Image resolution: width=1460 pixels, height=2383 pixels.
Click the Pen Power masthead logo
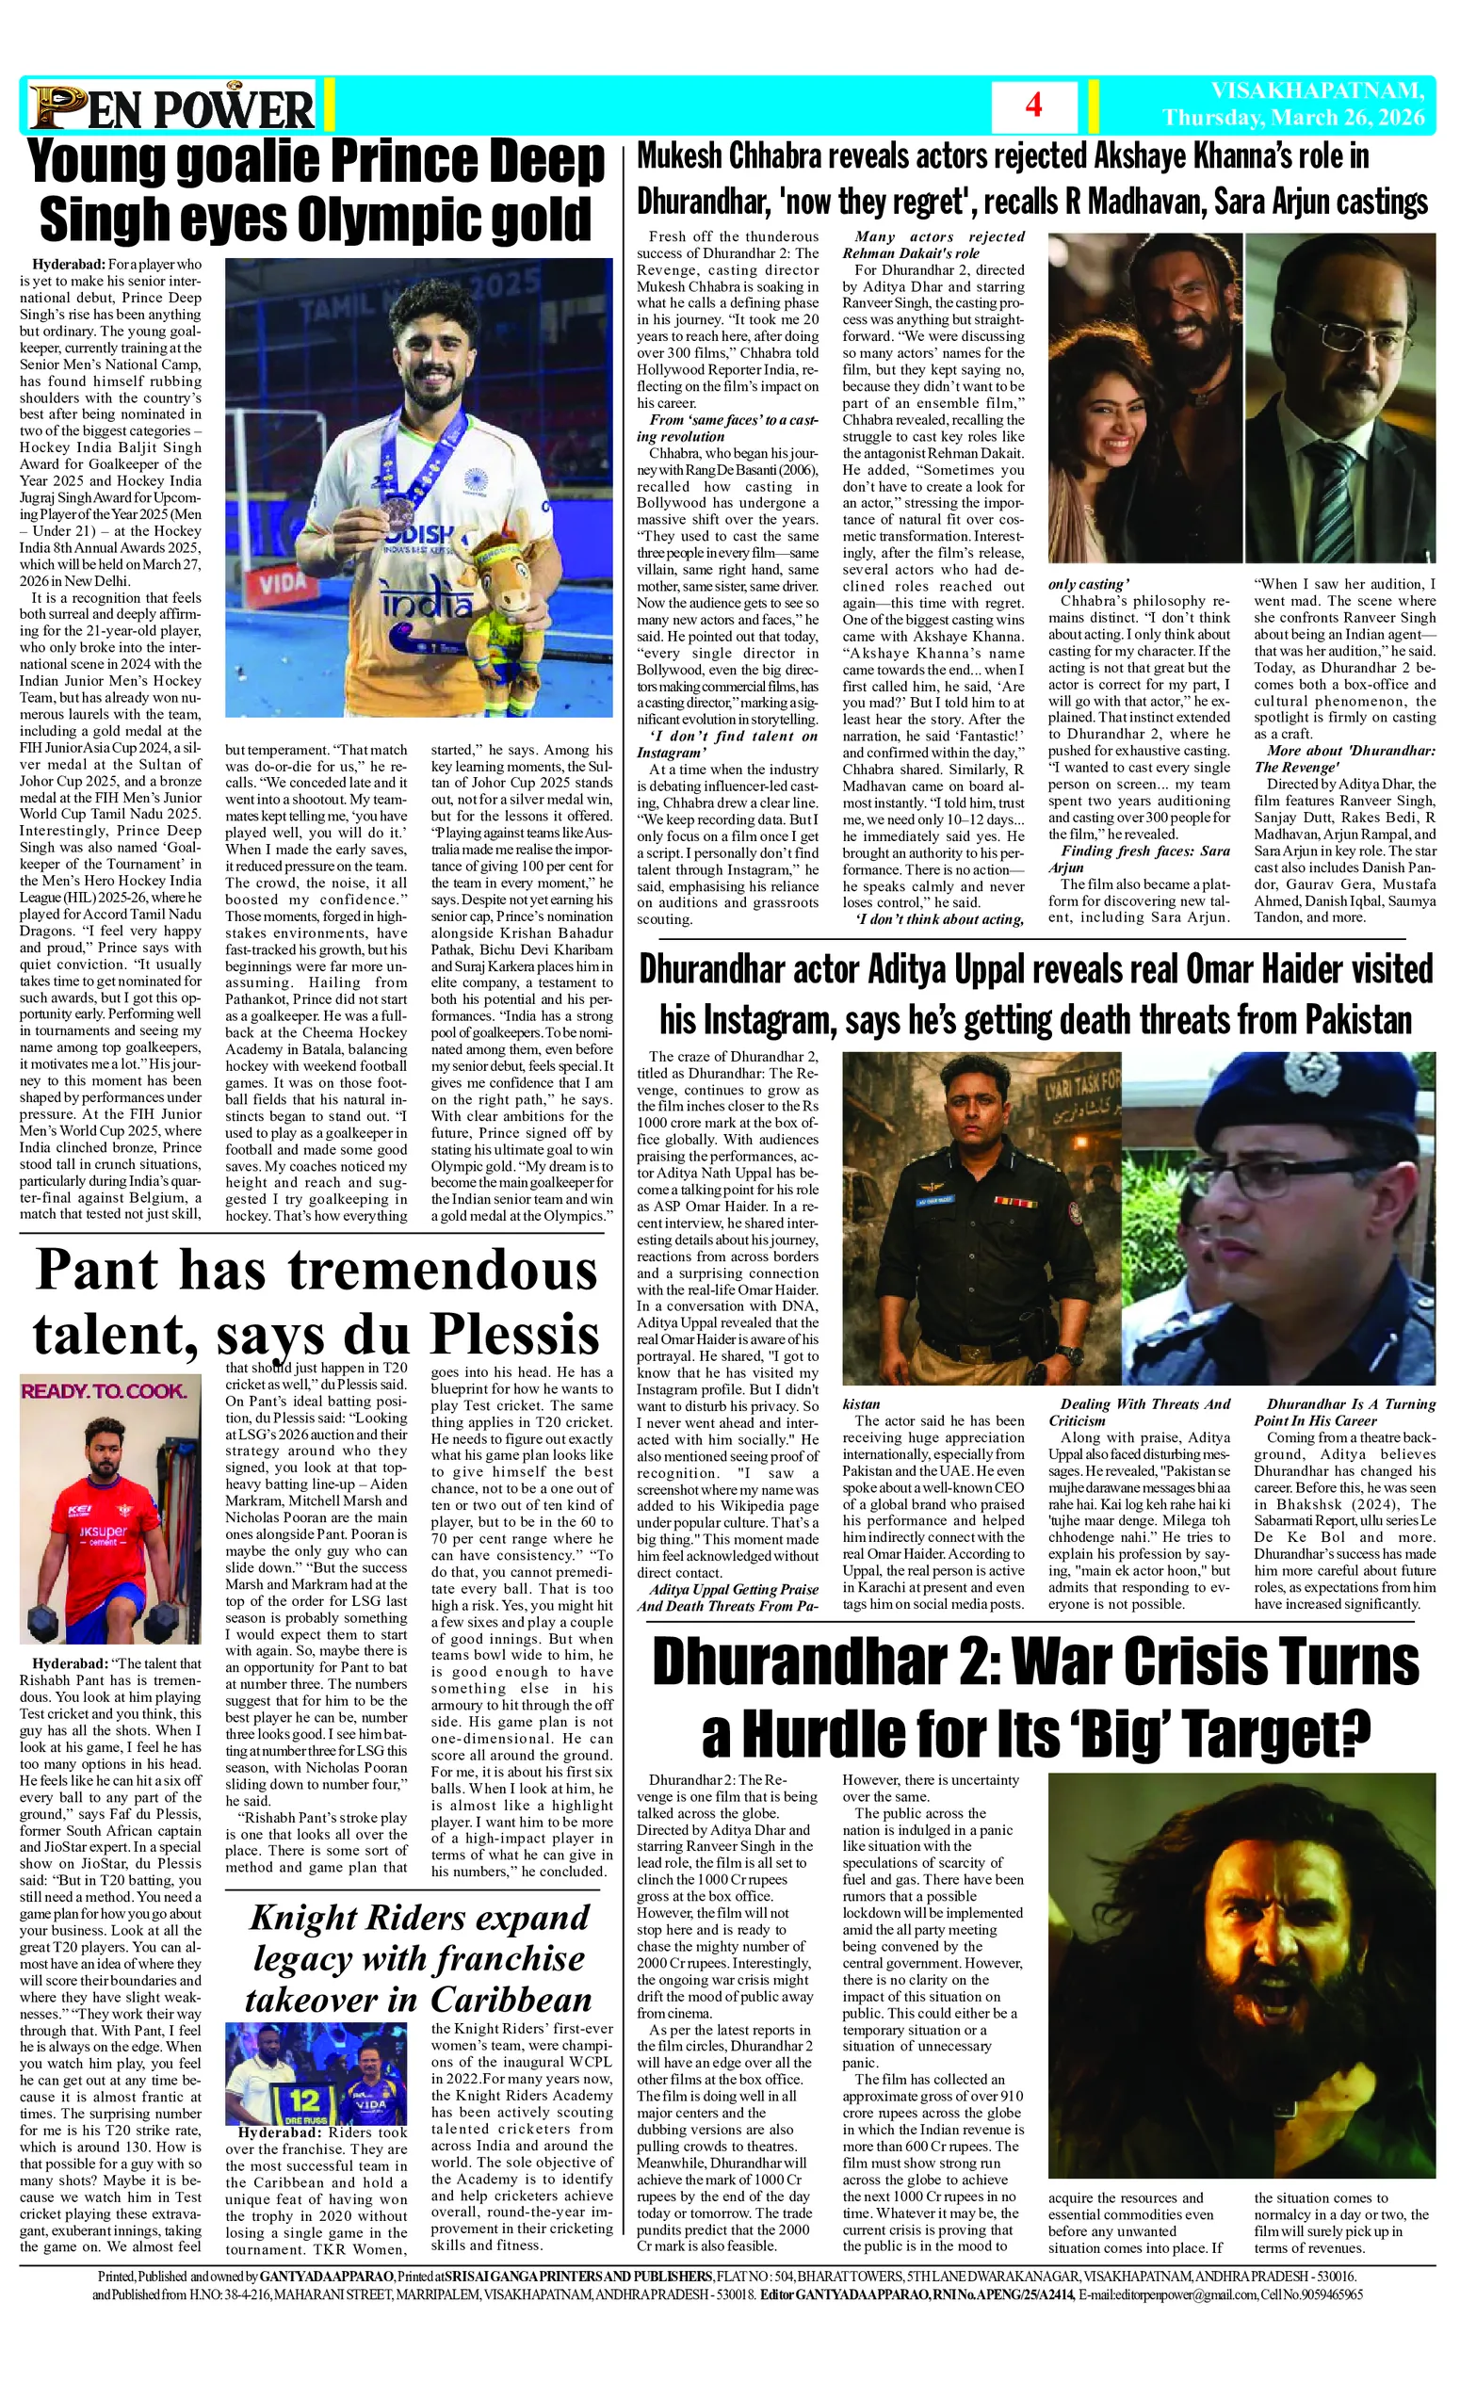pyautogui.click(x=172, y=107)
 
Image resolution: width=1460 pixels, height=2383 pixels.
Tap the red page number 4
pyautogui.click(x=1032, y=105)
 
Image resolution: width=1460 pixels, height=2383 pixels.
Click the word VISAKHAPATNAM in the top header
pyautogui.click(x=1317, y=91)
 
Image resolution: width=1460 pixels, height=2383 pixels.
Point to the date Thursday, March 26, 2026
pyautogui.click(x=1293, y=118)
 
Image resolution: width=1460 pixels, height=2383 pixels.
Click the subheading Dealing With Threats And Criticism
pyautogui.click(x=1139, y=1412)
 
